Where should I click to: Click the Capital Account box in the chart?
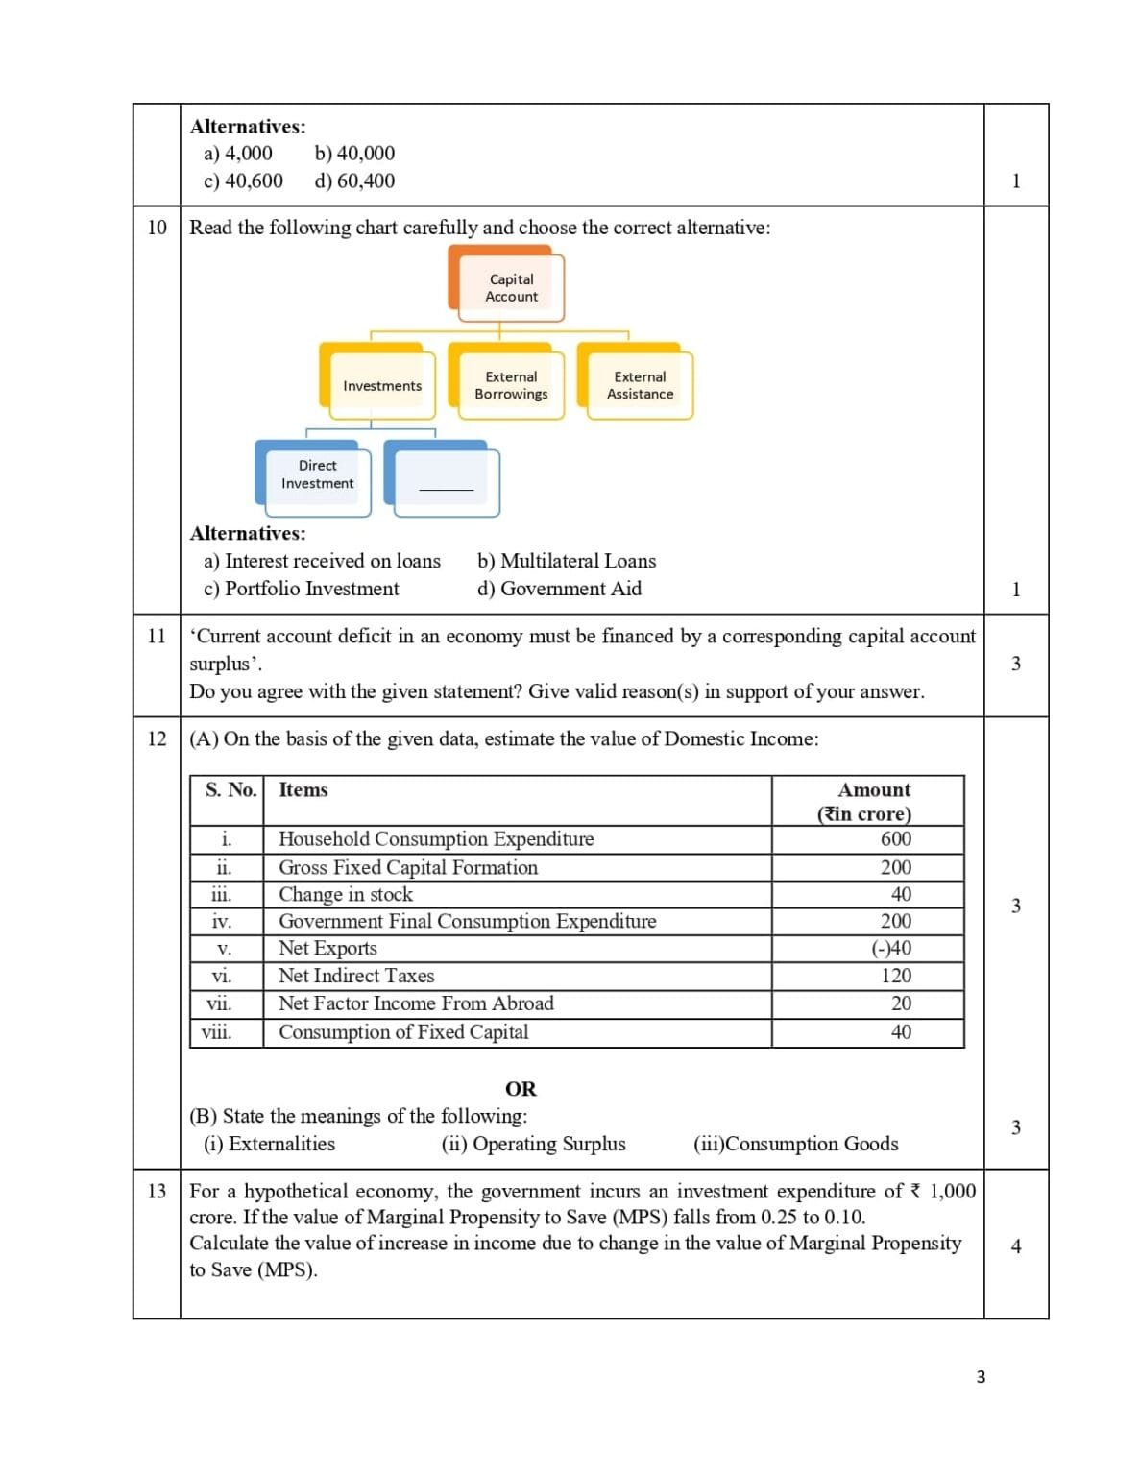[x=510, y=287]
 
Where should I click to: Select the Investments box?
[x=381, y=385]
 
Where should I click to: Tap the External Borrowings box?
[x=510, y=385]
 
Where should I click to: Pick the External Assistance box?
[x=640, y=385]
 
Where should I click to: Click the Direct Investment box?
[x=317, y=474]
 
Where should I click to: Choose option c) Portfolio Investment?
[x=302, y=589]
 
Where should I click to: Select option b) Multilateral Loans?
[x=567, y=561]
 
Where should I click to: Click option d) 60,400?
[x=354, y=181]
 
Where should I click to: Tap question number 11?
[x=157, y=636]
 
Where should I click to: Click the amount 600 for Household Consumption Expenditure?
[x=895, y=838]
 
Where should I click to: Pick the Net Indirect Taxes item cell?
[x=356, y=976]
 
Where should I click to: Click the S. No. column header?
[x=230, y=789]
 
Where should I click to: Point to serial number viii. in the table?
[x=217, y=1032]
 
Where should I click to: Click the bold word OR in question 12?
[x=521, y=1089]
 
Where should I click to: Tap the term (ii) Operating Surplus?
[x=533, y=1144]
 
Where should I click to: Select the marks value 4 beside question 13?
[x=1016, y=1245]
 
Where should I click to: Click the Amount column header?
[x=873, y=801]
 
